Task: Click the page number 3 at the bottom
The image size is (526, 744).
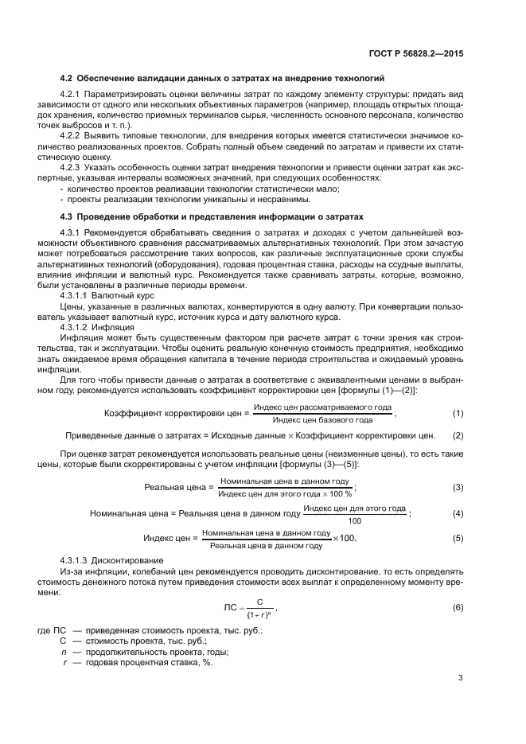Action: coord(461,678)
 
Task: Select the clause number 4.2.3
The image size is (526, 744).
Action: coord(73,167)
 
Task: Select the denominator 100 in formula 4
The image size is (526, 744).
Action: coord(354,521)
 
